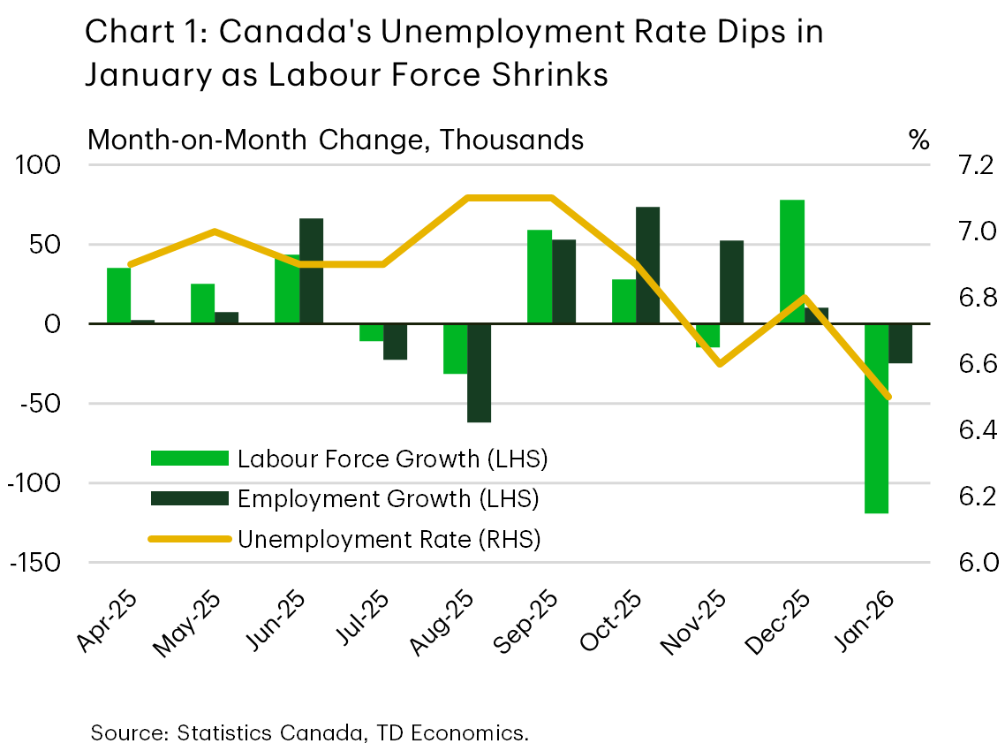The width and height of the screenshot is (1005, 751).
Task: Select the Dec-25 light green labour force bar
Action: [x=792, y=262]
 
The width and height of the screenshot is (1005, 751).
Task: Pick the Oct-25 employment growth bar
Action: [x=647, y=265]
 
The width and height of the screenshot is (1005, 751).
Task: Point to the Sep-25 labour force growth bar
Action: [x=540, y=277]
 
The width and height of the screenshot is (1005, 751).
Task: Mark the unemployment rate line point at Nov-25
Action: [x=721, y=364]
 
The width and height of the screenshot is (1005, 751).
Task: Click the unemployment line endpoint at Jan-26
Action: [x=888, y=397]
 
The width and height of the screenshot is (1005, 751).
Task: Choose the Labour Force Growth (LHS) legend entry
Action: [x=350, y=459]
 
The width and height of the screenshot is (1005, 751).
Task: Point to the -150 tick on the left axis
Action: [x=34, y=564]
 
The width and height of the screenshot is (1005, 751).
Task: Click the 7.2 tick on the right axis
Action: [x=971, y=165]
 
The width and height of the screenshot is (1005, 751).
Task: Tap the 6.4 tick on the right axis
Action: [x=971, y=430]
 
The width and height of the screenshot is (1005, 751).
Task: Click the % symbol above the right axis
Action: [x=918, y=140]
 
